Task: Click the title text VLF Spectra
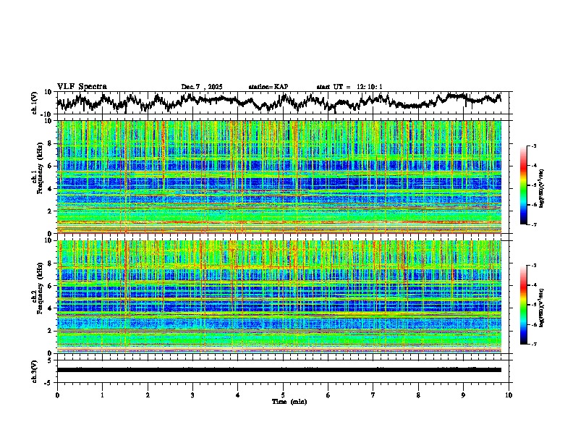click(x=82, y=86)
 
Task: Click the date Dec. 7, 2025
click(x=202, y=87)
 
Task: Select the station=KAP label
click(x=268, y=87)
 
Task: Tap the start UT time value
click(x=371, y=87)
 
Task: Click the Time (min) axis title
click(x=284, y=401)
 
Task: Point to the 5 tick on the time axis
click(x=283, y=395)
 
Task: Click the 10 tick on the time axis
click(x=509, y=395)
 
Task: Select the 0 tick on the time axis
click(x=57, y=395)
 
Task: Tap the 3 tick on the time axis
click(x=192, y=395)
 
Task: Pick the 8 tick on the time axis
click(x=418, y=395)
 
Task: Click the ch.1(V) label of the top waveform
click(x=35, y=103)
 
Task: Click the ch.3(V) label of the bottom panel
click(x=35, y=369)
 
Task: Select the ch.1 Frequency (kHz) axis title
click(x=37, y=177)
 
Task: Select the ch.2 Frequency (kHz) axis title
click(x=37, y=297)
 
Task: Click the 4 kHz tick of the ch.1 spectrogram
click(x=51, y=189)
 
